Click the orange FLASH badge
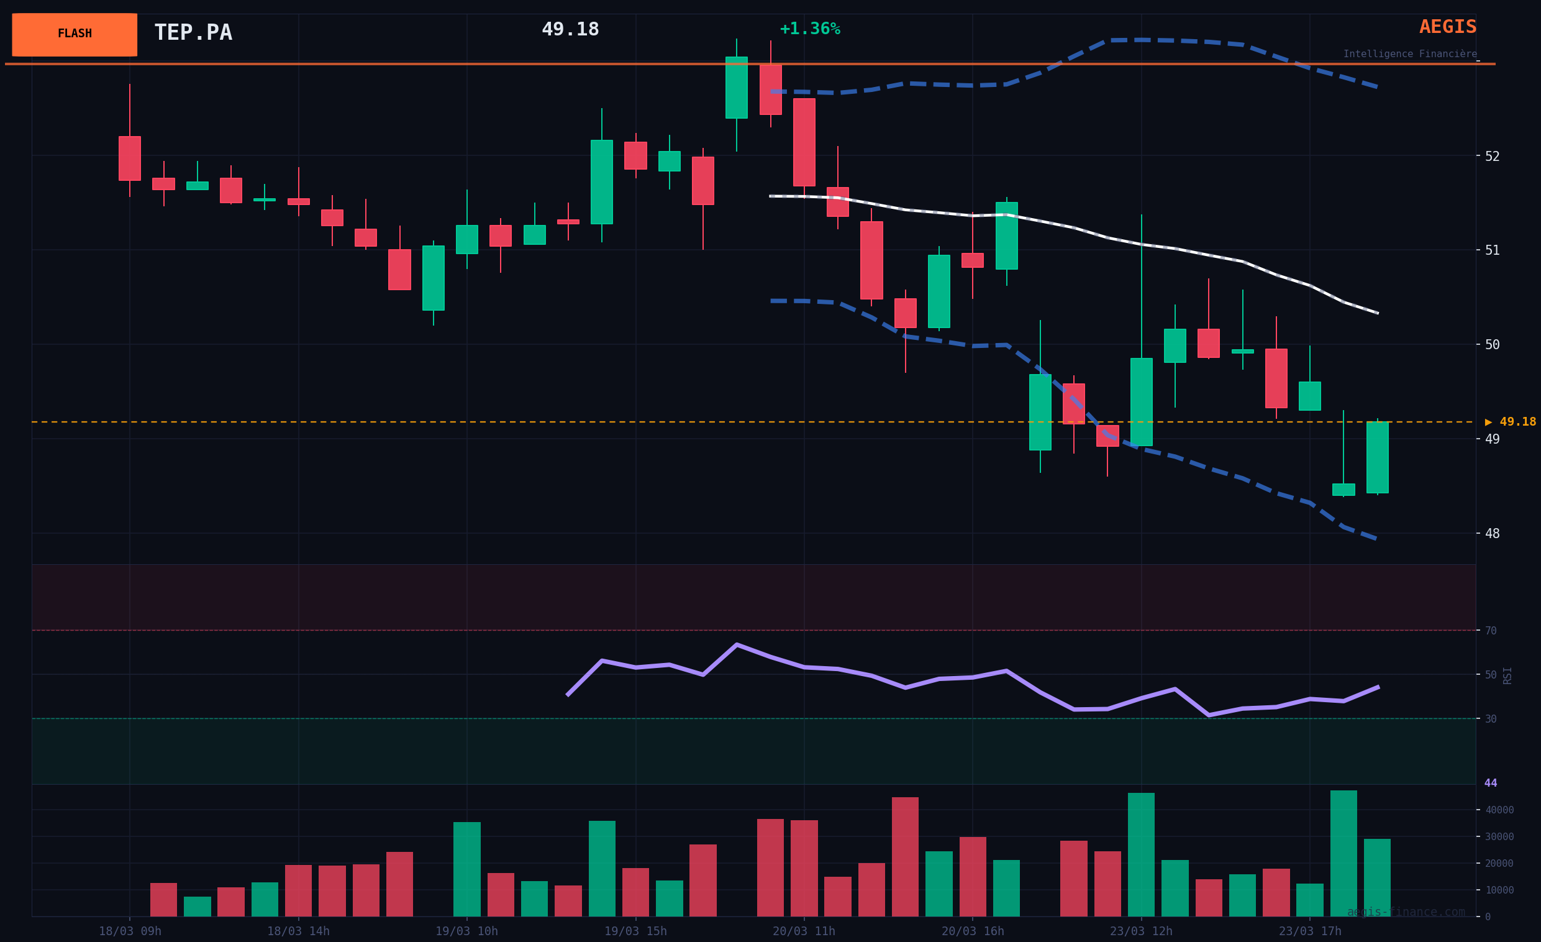pyautogui.click(x=75, y=34)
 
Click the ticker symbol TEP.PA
pyautogui.click(x=193, y=33)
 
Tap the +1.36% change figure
pyautogui.click(x=809, y=29)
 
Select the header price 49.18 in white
pyautogui.click(x=570, y=30)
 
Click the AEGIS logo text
pyautogui.click(x=1447, y=27)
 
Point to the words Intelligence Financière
pyautogui.click(x=1410, y=55)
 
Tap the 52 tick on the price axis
pyautogui.click(x=1492, y=157)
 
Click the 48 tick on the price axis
pyautogui.click(x=1492, y=534)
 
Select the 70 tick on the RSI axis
pyautogui.click(x=1491, y=631)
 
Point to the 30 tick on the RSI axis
pyautogui.click(x=1491, y=720)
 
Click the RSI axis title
pyautogui.click(x=1507, y=675)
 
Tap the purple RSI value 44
pyautogui.click(x=1491, y=783)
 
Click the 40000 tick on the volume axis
pyautogui.click(x=1499, y=810)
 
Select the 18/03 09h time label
pyautogui.click(x=130, y=931)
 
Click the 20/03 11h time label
pyautogui.click(x=804, y=931)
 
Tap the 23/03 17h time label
pyautogui.click(x=1309, y=931)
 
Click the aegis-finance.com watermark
pyautogui.click(x=1406, y=912)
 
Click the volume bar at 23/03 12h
pyautogui.click(x=1141, y=854)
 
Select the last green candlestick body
pyautogui.click(x=1377, y=457)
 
